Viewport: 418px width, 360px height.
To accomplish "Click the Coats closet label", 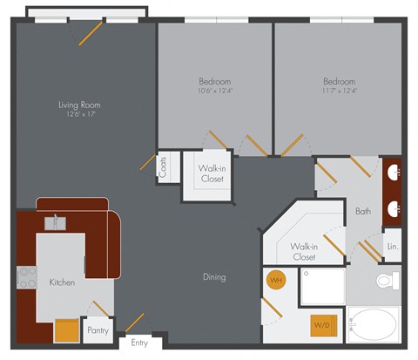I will (x=164, y=166).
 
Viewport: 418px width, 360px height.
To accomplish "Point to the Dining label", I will (x=214, y=277).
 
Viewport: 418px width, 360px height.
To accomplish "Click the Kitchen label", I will (x=62, y=282).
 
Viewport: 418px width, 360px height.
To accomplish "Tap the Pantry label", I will (x=98, y=330).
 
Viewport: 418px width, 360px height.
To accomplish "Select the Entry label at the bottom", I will (x=139, y=343).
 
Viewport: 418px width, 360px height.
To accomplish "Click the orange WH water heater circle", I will (x=275, y=281).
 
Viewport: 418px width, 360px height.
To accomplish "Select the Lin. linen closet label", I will (x=391, y=247).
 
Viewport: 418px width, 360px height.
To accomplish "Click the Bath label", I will (x=363, y=211).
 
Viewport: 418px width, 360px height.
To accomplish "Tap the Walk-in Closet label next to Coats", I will (x=211, y=173).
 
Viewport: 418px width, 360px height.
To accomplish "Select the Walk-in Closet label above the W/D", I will (x=303, y=252).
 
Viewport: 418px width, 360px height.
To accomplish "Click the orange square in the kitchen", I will (x=66, y=330).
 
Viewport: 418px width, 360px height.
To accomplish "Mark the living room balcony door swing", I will (x=90, y=33).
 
